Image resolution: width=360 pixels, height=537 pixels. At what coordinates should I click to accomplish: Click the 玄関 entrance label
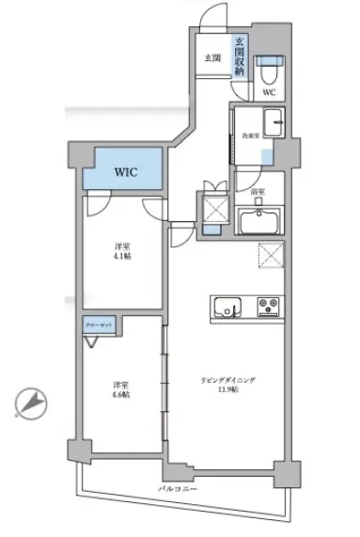(x=213, y=58)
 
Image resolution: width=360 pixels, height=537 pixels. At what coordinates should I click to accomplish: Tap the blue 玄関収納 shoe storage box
(x=241, y=57)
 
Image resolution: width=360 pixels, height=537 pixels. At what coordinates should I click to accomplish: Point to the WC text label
(x=269, y=93)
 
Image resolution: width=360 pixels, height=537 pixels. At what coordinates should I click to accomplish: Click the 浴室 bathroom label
(x=258, y=192)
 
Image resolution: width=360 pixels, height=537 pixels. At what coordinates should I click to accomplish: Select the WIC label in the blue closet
(x=127, y=173)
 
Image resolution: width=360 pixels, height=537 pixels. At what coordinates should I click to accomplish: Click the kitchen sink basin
(x=227, y=307)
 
